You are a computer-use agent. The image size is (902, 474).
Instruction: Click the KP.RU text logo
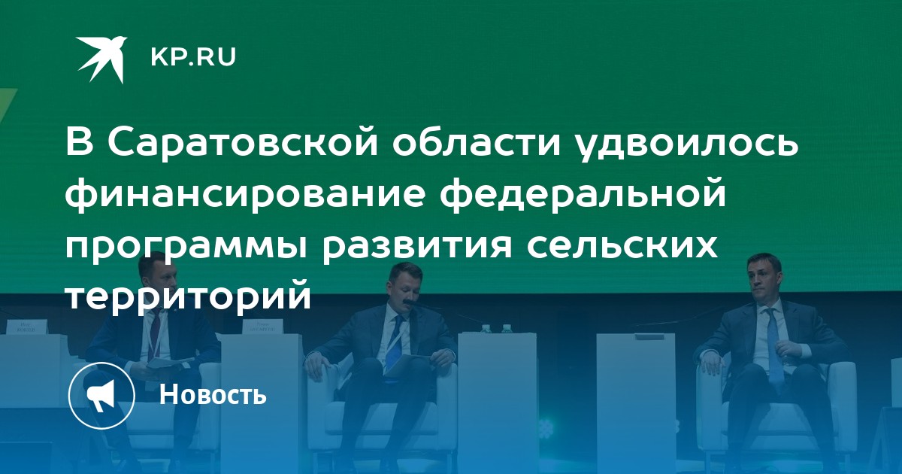(193, 57)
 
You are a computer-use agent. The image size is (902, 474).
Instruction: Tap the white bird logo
(102, 59)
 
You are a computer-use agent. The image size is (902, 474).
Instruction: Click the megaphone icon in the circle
(101, 396)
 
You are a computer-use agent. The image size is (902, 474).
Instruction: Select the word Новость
(213, 394)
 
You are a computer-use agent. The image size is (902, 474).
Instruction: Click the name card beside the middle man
(263, 326)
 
